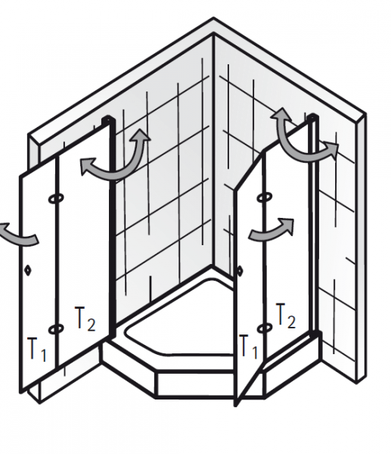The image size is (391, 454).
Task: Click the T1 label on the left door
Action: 37,349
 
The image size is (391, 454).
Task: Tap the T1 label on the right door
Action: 248,347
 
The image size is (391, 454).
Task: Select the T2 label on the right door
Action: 286,316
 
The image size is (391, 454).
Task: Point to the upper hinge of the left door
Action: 56,198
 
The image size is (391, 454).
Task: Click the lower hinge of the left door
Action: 56,329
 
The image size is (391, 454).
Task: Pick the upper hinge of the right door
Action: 264,197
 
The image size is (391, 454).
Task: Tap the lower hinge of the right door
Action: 265,328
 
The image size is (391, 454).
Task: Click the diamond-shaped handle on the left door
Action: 28,270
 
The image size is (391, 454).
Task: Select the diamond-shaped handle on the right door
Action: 240,271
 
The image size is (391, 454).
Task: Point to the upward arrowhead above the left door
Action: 141,135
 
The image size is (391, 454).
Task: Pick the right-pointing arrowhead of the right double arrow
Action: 330,150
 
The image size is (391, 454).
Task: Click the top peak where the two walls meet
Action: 213,18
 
